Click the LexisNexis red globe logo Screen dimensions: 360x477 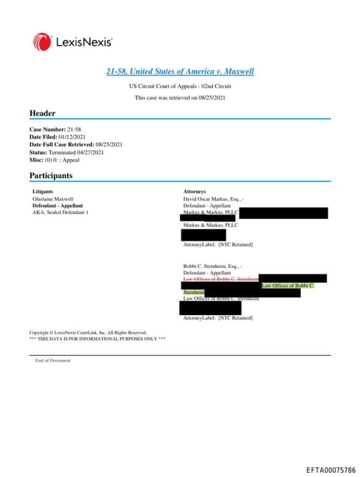point(41,42)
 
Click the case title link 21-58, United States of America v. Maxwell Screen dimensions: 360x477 point(179,72)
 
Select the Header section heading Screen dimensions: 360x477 point(42,113)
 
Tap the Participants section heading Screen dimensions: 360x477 point(51,174)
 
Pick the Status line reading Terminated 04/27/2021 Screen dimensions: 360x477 point(67,152)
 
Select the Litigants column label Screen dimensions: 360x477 point(44,191)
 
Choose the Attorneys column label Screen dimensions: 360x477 point(195,191)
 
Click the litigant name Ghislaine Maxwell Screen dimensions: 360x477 point(53,199)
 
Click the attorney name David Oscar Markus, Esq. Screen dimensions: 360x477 point(212,199)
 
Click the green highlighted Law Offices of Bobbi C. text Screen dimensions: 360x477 point(288,286)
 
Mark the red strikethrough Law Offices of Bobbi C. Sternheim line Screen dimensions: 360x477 point(221,279)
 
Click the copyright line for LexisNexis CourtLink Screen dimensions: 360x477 point(88,332)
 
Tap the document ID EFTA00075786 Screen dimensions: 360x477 point(330,469)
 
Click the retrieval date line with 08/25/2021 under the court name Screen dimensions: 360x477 point(179,98)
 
